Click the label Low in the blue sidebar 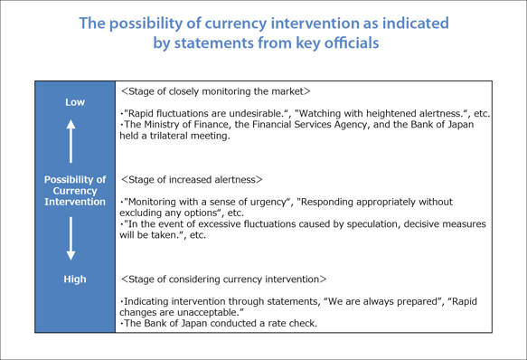tap(75, 102)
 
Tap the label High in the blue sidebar tap(75, 279)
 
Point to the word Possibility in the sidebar tap(75, 179)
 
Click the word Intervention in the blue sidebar tap(75, 202)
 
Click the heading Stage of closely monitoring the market tap(216, 91)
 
